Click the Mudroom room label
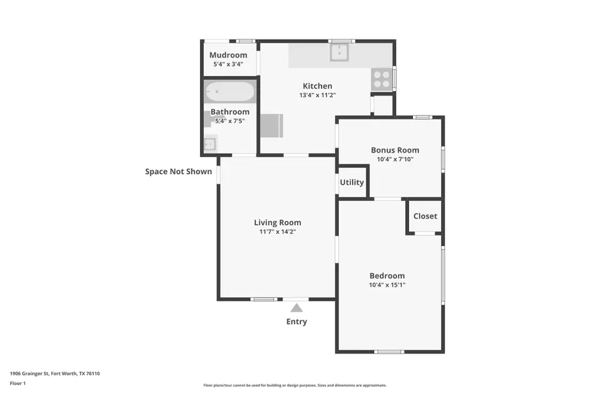229,55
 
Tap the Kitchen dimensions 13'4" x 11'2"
317,95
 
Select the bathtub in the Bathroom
229,91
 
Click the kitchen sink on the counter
339,52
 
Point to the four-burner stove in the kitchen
381,79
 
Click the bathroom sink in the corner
210,143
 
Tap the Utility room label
352,182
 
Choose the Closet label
425,216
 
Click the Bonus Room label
395,150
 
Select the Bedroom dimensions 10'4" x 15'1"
387,285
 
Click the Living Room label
277,223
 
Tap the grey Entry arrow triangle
297,307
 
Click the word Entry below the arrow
296,322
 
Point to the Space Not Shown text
178,172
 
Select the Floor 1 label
18,383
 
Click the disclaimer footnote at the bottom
294,385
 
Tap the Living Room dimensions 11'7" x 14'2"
277,231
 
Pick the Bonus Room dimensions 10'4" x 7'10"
395,159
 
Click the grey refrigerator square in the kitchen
271,125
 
